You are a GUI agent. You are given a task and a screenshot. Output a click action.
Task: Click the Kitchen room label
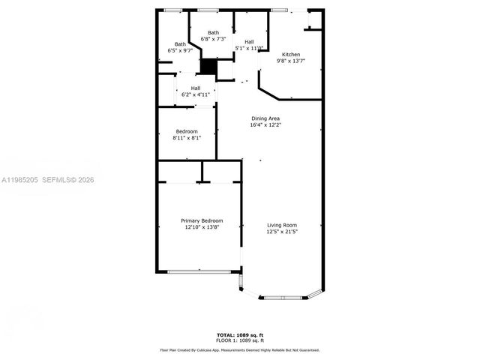tap(291, 55)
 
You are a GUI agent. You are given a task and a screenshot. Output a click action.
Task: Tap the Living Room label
tap(282, 225)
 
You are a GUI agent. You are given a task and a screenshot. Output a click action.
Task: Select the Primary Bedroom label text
tap(202, 220)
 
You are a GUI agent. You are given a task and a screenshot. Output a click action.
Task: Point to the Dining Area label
tap(265, 118)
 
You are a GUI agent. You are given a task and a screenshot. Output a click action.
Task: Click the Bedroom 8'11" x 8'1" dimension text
tap(187, 138)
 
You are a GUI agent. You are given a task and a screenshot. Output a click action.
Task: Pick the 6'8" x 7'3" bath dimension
tap(214, 39)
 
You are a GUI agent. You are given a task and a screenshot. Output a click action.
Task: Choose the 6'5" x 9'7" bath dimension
tap(181, 50)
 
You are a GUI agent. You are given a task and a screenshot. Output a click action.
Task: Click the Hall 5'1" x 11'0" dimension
tap(249, 48)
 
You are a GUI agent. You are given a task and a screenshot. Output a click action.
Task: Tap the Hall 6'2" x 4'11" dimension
tap(195, 94)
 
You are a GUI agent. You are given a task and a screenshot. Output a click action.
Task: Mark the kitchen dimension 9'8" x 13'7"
tap(291, 61)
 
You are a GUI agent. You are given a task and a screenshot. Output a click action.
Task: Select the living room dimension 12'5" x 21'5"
tap(282, 232)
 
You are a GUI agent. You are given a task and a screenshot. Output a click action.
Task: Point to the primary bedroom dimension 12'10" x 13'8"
tap(202, 227)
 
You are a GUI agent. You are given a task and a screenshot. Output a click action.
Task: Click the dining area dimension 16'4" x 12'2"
tap(265, 125)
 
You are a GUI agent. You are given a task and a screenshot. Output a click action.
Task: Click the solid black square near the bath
tap(208, 66)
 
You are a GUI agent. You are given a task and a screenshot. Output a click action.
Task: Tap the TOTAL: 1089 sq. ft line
tap(240, 334)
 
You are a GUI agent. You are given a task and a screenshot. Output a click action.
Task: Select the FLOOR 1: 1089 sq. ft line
tap(240, 340)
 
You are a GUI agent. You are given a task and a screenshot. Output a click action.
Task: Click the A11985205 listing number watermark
tap(20, 180)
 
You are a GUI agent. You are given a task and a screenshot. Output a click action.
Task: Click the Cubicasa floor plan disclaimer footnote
tap(240, 349)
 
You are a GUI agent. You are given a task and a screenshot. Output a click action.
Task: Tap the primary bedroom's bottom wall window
tap(198, 271)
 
